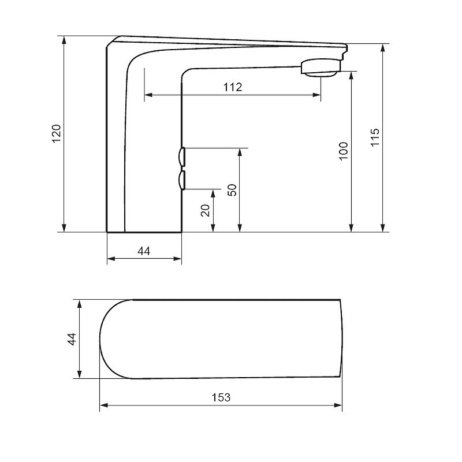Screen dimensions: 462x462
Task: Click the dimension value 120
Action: (x=56, y=133)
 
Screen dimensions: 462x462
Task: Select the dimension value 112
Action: (x=233, y=87)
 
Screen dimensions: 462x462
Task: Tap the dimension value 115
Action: (x=375, y=137)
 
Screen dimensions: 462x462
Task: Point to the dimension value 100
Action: (x=344, y=151)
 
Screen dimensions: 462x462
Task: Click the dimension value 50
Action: (x=232, y=190)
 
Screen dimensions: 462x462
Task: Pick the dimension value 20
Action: (x=205, y=210)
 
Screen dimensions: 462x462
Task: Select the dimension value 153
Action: (x=221, y=397)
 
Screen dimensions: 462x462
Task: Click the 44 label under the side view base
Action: (x=144, y=251)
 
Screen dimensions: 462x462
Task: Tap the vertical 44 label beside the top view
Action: (x=72, y=339)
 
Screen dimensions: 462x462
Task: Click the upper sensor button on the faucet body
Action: (x=182, y=157)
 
